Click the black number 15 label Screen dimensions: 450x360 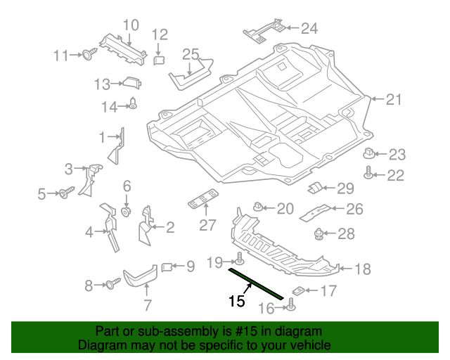[x=237, y=301]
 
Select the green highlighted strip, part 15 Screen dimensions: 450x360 [x=256, y=283]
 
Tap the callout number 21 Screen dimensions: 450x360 [x=394, y=99]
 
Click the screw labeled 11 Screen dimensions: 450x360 [x=89, y=53]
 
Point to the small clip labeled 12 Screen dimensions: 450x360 [x=159, y=60]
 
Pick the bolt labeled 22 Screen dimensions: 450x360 [x=368, y=172]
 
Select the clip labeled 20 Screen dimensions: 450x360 [x=258, y=206]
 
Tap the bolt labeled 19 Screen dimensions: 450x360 [x=239, y=258]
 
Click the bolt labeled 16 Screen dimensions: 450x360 [x=291, y=304]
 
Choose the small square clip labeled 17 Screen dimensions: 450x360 [x=298, y=291]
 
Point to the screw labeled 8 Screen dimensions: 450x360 [x=112, y=283]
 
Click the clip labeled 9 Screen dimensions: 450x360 [x=167, y=267]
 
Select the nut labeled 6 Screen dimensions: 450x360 [x=127, y=212]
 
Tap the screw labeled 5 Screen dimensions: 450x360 [x=67, y=193]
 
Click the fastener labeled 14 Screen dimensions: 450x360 [x=133, y=103]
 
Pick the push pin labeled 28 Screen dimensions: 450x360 [x=319, y=234]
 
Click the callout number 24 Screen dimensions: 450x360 [x=309, y=28]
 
